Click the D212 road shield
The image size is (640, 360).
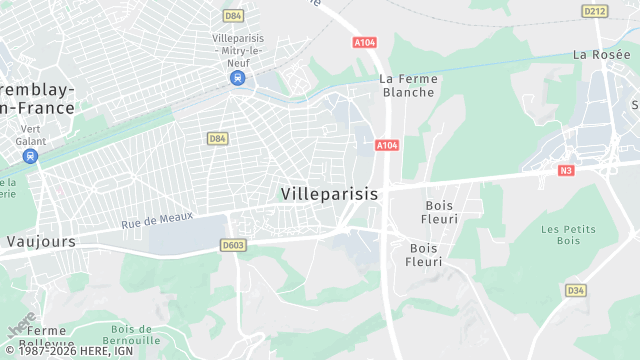(595, 11)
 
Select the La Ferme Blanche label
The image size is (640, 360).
(408, 85)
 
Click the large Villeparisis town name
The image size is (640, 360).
(330, 194)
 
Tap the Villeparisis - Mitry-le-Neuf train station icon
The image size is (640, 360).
(238, 78)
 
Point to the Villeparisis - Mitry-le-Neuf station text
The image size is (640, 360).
(237, 50)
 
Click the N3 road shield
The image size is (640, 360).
(566, 170)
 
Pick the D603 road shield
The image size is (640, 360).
(233, 245)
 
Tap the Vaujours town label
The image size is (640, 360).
(41, 241)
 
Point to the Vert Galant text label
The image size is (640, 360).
(31, 134)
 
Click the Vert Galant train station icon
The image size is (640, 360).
(31, 156)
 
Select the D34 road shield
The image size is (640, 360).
(575, 290)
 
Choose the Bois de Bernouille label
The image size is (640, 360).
(132, 335)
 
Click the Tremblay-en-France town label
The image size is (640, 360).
(37, 98)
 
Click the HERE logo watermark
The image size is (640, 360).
(20, 326)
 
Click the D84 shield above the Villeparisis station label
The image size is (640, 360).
(234, 16)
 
